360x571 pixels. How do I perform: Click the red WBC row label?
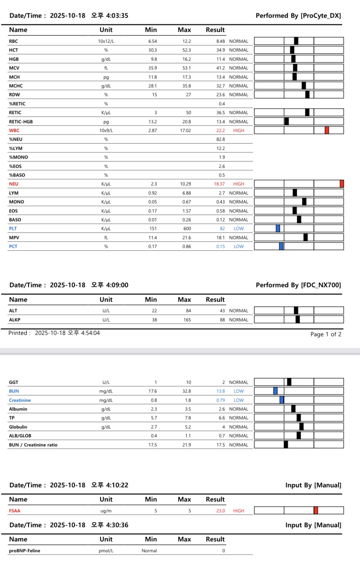tap(14, 130)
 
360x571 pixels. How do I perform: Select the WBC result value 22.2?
tap(221, 130)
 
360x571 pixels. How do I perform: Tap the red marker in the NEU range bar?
tap(342, 184)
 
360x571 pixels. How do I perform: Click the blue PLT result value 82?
tap(222, 229)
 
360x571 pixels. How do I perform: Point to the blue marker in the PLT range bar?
tap(278, 228)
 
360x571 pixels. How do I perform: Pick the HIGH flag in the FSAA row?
tap(239, 511)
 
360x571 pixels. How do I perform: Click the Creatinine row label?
tap(20, 400)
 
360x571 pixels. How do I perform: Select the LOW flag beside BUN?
tap(239, 391)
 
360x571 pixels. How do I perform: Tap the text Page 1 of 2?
tap(325, 334)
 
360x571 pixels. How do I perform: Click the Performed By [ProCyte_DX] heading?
tap(298, 16)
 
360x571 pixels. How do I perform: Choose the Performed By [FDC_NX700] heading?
tap(298, 285)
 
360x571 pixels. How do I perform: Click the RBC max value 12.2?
tap(186, 41)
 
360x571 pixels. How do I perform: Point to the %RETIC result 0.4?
tap(222, 104)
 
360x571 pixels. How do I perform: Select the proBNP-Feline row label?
tap(25, 551)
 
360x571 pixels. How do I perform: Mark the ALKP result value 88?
tap(222, 320)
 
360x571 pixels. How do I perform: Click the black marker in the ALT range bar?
tap(296, 310)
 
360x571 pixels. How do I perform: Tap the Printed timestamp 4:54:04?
tap(90, 333)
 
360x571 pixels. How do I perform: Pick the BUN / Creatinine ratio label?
tap(33, 445)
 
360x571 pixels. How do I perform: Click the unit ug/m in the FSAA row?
tap(106, 511)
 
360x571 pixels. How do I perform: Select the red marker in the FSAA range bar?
tap(316, 510)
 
